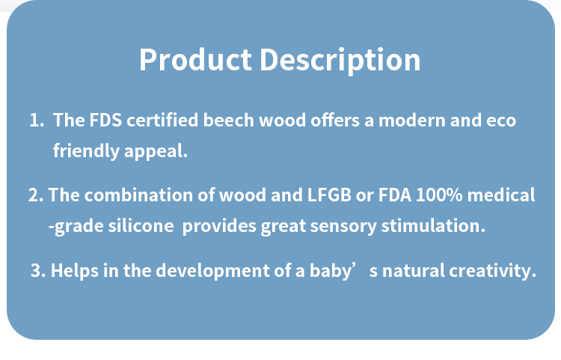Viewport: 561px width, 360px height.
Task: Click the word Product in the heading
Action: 195,59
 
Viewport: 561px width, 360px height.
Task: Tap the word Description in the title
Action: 340,61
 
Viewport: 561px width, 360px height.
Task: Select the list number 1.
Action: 37,120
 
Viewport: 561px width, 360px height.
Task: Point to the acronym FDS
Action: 105,120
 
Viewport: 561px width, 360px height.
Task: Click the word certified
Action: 162,120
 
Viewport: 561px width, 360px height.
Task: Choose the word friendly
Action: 86,150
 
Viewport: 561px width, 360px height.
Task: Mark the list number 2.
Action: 36,195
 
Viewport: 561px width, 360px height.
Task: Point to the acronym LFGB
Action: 329,195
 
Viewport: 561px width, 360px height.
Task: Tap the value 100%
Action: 439,195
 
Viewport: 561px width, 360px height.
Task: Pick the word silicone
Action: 141,226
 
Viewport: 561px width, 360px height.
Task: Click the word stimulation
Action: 433,226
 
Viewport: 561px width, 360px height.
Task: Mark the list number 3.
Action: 38,270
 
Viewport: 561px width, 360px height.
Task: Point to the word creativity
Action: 493,270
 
